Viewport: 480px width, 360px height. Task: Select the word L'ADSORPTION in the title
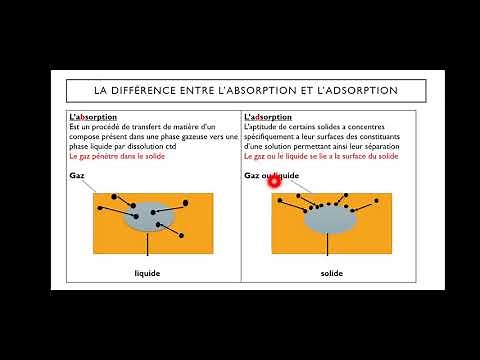(x=356, y=90)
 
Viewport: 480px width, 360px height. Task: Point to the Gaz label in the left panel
(x=77, y=176)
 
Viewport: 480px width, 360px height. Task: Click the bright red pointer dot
(x=272, y=182)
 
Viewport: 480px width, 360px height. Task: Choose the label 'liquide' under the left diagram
(x=148, y=272)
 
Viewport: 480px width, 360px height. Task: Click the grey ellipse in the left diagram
(x=151, y=217)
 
